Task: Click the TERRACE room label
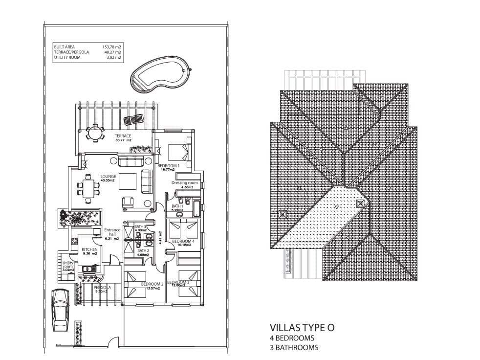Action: click(x=123, y=135)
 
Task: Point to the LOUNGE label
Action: click(x=108, y=177)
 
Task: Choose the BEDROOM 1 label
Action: click(x=169, y=166)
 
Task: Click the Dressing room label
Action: click(x=184, y=182)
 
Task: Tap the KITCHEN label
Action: click(x=89, y=249)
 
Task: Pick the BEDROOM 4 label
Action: click(x=183, y=241)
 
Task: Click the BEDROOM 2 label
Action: click(x=152, y=284)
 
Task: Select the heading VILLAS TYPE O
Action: click(x=302, y=328)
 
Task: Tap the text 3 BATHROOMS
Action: click(x=294, y=348)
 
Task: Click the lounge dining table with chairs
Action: click(x=88, y=188)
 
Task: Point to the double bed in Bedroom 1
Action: click(x=176, y=151)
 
